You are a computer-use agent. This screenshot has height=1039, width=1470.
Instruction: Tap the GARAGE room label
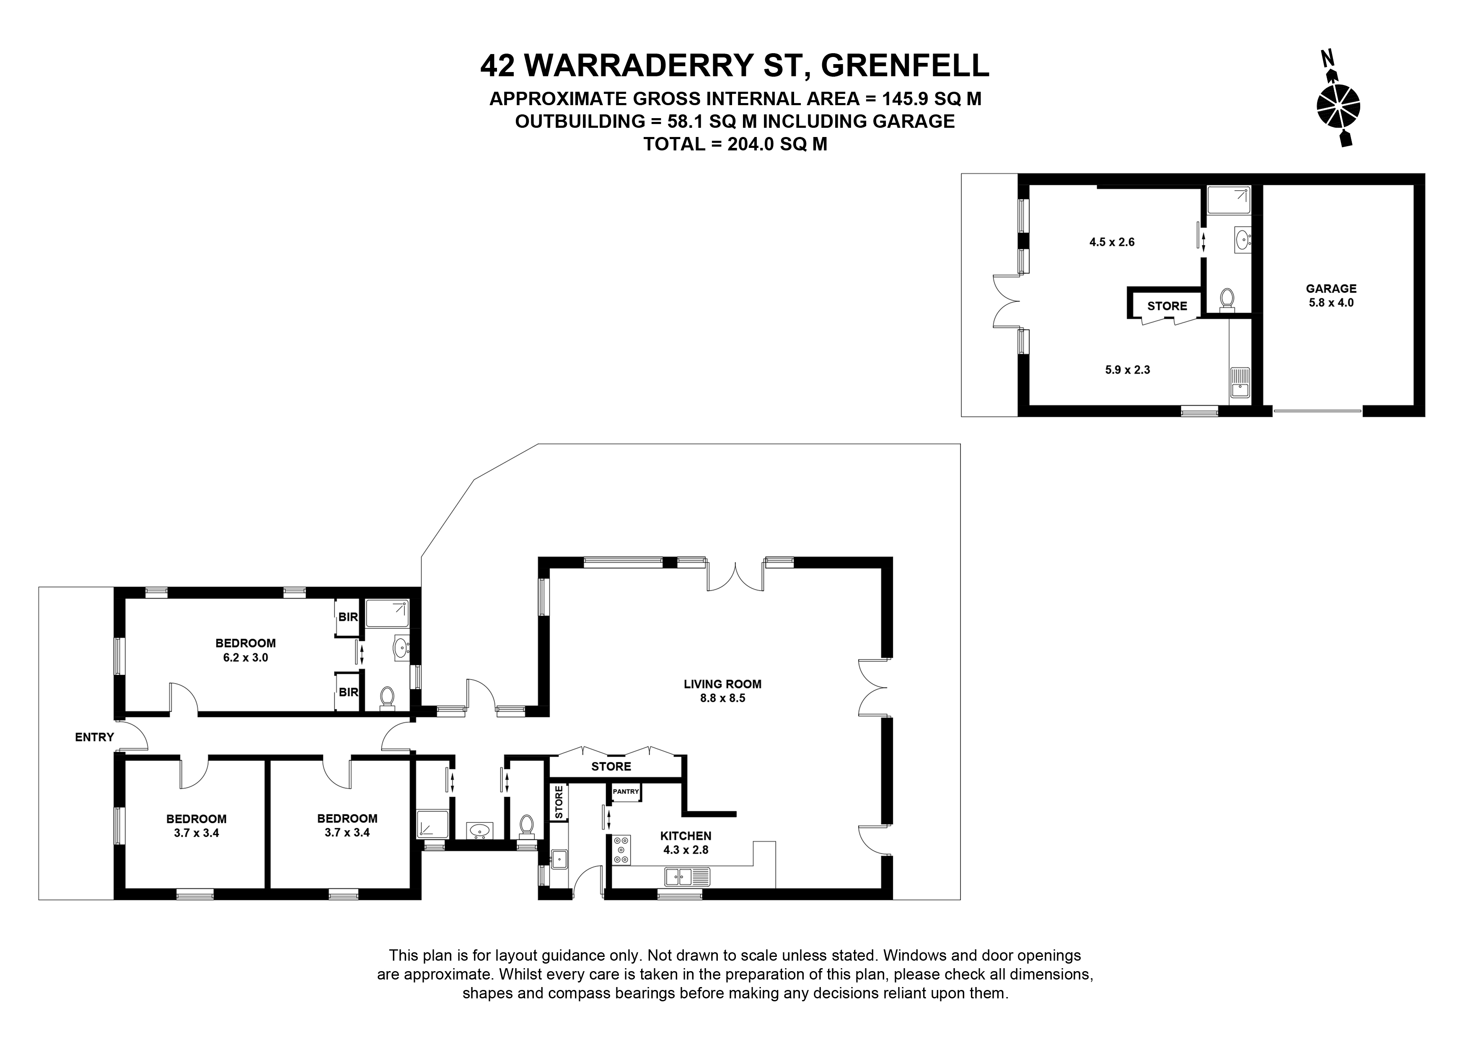point(1331,289)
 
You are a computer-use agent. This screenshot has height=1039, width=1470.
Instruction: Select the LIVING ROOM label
point(722,684)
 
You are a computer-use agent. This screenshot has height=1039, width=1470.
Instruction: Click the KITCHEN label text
point(686,836)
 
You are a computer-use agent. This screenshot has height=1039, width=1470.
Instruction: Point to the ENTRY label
point(94,737)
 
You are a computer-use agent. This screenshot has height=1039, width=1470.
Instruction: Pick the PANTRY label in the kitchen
point(626,792)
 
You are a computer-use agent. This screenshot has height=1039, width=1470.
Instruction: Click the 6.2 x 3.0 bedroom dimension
point(246,657)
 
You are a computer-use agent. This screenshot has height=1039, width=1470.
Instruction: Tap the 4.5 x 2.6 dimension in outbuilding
point(1112,242)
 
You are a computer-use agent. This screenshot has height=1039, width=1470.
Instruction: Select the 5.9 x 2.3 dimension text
point(1128,370)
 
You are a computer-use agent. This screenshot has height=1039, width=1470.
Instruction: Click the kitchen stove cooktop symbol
point(621,850)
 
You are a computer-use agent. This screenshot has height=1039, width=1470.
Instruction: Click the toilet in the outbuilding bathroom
point(1227,300)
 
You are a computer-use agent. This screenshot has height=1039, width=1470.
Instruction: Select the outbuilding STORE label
point(1167,306)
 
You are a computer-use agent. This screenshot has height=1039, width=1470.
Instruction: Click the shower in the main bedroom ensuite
point(387,613)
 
